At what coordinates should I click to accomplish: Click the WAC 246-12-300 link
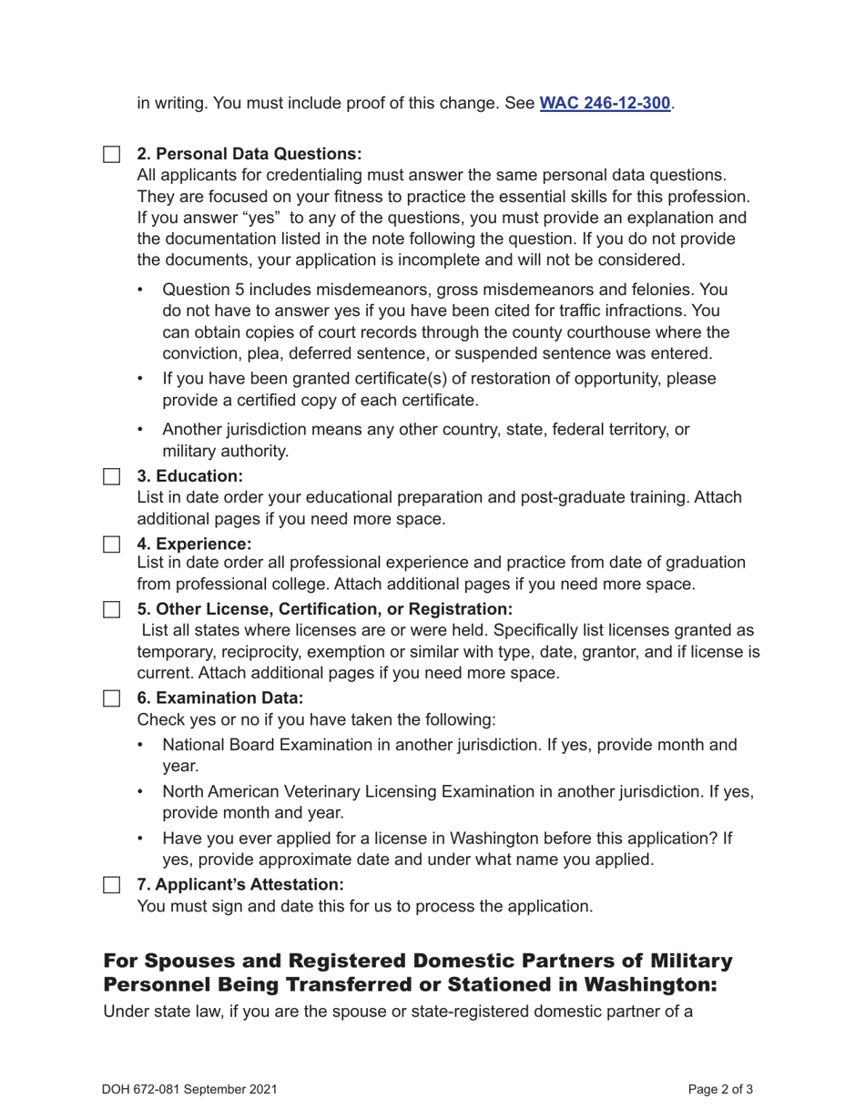(605, 103)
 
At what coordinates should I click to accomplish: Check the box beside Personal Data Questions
(111, 154)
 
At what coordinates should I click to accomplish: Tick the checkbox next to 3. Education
(111, 476)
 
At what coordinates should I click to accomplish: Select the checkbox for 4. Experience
(111, 544)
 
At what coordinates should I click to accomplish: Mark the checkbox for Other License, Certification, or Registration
(111, 608)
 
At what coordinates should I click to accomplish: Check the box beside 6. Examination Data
(111, 698)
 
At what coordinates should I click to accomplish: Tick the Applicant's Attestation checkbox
(111, 884)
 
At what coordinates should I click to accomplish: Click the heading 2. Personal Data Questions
(249, 154)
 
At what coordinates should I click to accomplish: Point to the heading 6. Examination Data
(219, 698)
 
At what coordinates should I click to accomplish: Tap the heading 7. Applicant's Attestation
(240, 884)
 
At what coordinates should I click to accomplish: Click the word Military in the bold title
(690, 962)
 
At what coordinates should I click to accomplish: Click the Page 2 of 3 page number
(720, 1089)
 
